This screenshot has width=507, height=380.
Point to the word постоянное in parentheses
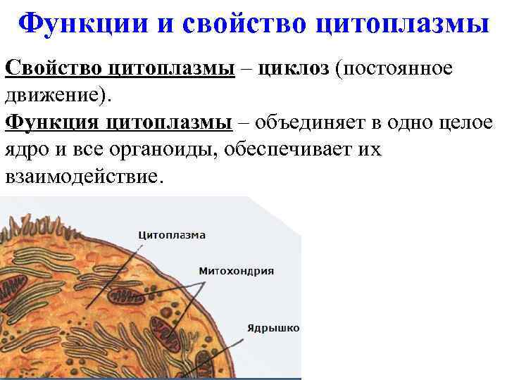point(399,68)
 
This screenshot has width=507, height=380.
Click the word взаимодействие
point(82,177)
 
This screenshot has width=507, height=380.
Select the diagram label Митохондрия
point(237,271)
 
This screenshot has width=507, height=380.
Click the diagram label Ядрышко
point(273,328)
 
